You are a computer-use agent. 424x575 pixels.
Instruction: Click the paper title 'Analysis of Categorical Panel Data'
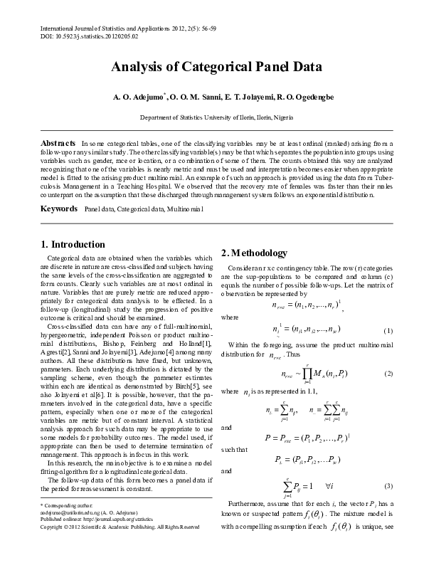click(x=216, y=68)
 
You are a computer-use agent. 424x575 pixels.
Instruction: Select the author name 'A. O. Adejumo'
click(x=138, y=96)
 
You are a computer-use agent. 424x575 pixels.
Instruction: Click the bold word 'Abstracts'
click(x=58, y=143)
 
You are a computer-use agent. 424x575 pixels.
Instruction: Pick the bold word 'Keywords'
click(x=58, y=209)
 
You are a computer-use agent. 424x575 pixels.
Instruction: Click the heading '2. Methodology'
click(x=255, y=253)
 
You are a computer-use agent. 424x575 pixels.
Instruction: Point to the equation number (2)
click(x=388, y=374)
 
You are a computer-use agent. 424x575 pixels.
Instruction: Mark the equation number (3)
click(x=388, y=485)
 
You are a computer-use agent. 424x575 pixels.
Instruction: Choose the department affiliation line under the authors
click(x=216, y=117)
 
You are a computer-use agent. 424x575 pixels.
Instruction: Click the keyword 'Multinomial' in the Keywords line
click(x=185, y=209)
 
